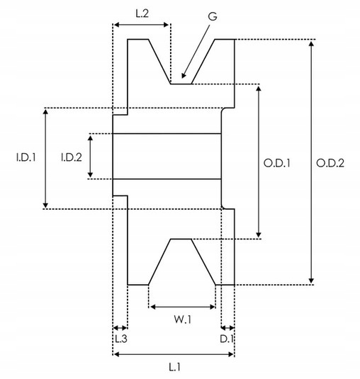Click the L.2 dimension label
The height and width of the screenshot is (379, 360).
(x=142, y=13)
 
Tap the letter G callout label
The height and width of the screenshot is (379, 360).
(x=213, y=16)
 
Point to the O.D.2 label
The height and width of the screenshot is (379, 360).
(x=330, y=164)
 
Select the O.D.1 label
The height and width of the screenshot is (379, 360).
(x=277, y=164)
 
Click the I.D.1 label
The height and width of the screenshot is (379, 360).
(x=26, y=157)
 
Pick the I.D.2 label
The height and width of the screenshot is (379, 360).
(x=72, y=157)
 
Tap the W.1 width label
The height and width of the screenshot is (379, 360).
(x=183, y=319)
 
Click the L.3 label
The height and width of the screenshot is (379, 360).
(x=120, y=339)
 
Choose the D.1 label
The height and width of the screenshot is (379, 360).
(x=227, y=339)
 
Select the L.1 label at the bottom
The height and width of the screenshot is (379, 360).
(x=174, y=367)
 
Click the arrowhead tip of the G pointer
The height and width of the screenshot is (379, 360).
(x=182, y=78)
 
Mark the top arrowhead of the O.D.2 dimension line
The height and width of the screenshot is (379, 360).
(x=311, y=41)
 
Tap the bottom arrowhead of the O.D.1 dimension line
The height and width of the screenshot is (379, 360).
(x=259, y=237)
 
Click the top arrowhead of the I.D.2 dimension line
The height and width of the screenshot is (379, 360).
(x=90, y=135)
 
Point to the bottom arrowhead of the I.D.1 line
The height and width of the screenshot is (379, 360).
(x=45, y=208)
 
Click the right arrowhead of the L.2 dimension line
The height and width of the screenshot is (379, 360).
(x=169, y=25)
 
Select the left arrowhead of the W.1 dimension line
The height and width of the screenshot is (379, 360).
(x=150, y=307)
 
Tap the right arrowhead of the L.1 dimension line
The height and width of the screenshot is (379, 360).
(x=233, y=354)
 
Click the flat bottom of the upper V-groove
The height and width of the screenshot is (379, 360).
(x=181, y=84)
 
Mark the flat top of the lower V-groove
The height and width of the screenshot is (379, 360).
(x=181, y=239)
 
